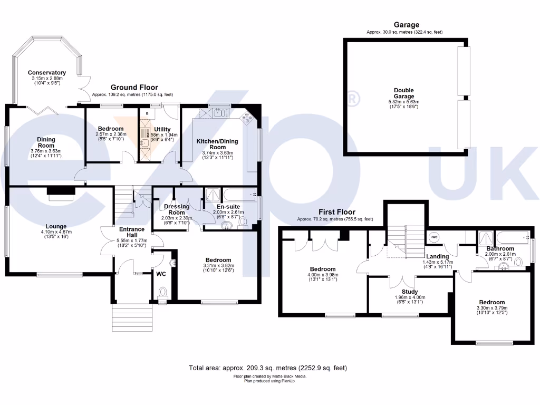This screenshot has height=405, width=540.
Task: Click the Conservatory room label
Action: [x=47, y=73]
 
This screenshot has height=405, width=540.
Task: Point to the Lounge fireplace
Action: [x=60, y=194]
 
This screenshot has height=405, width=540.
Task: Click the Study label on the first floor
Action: [x=410, y=292]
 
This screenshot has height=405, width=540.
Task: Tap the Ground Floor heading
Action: [x=133, y=88]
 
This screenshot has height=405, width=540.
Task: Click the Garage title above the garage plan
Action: [x=406, y=25]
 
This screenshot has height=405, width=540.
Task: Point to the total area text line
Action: [x=268, y=368]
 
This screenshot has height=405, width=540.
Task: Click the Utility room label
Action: [x=162, y=129]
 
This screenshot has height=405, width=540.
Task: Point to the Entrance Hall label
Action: [x=131, y=233]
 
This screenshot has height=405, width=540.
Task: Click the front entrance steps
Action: [x=132, y=317]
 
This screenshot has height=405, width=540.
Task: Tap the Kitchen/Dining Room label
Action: [x=217, y=144]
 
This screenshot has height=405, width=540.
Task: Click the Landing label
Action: [x=437, y=256]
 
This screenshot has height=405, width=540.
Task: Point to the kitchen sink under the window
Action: [x=218, y=112]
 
